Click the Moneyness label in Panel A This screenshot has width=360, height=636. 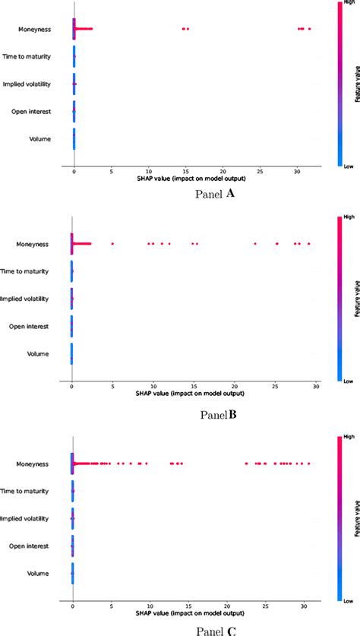click(35, 29)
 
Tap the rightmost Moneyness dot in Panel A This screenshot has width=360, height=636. click(309, 29)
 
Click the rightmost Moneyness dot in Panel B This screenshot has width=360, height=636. click(308, 244)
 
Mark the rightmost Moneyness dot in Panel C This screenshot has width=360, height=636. click(308, 463)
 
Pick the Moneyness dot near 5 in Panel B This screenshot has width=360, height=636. click(112, 244)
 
